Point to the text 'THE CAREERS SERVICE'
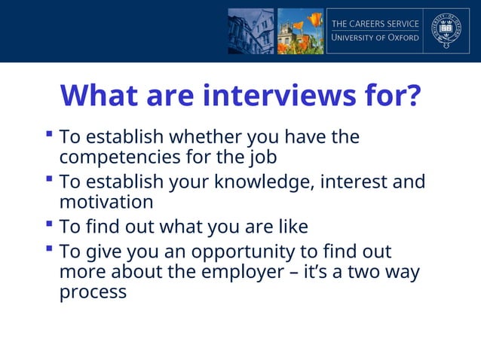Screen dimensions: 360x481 (x=375, y=23)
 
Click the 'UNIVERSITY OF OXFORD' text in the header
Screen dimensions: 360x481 (x=375, y=38)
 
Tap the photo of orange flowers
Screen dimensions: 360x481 (x=299, y=31)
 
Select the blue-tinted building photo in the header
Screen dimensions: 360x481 (x=250, y=31)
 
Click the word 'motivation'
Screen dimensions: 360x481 (x=106, y=202)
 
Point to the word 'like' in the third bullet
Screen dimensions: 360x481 (x=290, y=227)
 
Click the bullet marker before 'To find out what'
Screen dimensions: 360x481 (x=49, y=224)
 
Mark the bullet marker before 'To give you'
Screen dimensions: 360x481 (x=49, y=249)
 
